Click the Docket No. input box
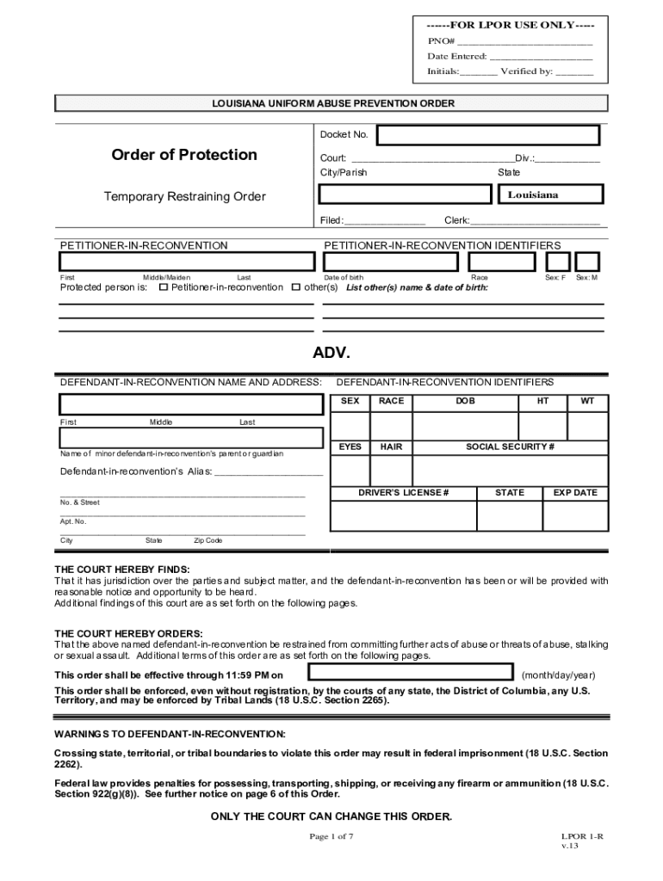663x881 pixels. point(488,136)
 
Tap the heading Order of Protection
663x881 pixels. point(184,155)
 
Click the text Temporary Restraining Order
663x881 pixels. point(185,197)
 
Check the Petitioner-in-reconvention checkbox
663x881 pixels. point(164,287)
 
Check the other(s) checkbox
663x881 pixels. point(296,287)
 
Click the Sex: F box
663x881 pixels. point(558,262)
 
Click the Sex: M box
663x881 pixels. point(588,262)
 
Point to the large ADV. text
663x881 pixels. point(331,354)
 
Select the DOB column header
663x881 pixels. point(466,401)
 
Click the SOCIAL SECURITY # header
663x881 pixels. point(510,447)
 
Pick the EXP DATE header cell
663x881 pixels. point(575,493)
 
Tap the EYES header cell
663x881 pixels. point(350,447)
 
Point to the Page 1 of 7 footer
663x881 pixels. point(331,836)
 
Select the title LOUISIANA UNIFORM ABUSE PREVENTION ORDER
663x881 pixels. point(333,104)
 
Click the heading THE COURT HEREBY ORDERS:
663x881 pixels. point(129,633)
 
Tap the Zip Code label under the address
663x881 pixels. point(208,540)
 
